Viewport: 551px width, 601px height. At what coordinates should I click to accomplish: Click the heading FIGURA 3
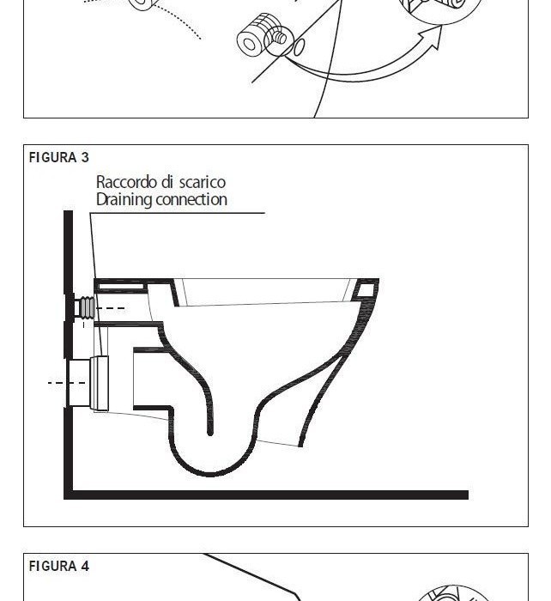[x=59, y=157]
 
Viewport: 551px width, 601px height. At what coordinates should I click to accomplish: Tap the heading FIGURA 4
[x=59, y=566]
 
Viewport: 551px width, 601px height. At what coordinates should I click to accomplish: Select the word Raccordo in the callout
[x=125, y=182]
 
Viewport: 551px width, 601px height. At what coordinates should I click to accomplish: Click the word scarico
[x=203, y=182]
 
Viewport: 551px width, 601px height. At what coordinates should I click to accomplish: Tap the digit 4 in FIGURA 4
[x=85, y=566]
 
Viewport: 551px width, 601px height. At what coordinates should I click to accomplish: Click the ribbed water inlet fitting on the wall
[x=87, y=307]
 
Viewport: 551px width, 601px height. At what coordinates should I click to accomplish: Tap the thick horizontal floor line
[x=266, y=495]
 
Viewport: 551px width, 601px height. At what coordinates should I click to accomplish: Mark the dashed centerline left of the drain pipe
[x=60, y=383]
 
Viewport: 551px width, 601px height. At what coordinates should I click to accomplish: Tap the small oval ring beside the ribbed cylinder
[x=297, y=46]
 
